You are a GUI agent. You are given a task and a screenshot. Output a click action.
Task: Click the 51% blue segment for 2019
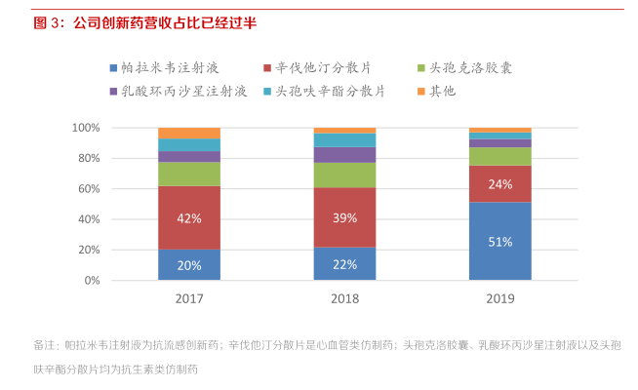pyautogui.click(x=500, y=242)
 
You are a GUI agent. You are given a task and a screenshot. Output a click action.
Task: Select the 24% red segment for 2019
pyautogui.click(x=500, y=183)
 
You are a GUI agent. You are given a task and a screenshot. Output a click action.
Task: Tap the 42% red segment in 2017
pyautogui.click(x=189, y=217)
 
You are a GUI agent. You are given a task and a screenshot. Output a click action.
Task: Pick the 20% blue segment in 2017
pyautogui.click(x=189, y=264)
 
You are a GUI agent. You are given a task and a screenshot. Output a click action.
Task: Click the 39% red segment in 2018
pyautogui.click(x=344, y=217)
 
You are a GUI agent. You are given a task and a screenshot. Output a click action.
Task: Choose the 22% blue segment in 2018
pyautogui.click(x=344, y=263)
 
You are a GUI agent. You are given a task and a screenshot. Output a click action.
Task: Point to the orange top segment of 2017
pyautogui.click(x=189, y=133)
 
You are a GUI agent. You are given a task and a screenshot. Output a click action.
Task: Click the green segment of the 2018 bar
pyautogui.click(x=344, y=175)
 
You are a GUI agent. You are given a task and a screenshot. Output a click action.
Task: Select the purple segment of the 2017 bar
pyautogui.click(x=189, y=156)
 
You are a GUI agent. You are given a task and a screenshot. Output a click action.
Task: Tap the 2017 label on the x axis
pyautogui.click(x=189, y=299)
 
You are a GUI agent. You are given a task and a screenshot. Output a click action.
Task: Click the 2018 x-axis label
pyautogui.click(x=344, y=299)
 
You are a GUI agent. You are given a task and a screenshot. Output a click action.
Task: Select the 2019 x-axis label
pyautogui.click(x=500, y=299)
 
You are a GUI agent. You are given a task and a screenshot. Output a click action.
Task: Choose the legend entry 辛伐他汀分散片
pyautogui.click(x=323, y=67)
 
